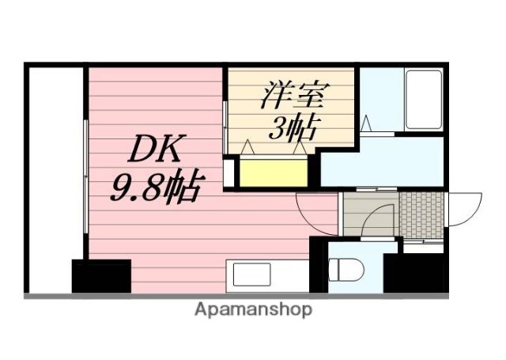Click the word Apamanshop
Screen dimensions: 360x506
click(x=253, y=309)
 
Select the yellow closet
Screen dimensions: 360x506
click(x=273, y=172)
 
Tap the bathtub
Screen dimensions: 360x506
click(x=423, y=100)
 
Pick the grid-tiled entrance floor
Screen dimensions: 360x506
click(x=421, y=214)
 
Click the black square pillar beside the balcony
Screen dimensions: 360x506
click(x=101, y=275)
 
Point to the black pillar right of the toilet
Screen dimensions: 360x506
click(x=412, y=273)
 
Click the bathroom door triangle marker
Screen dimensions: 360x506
click(x=366, y=124)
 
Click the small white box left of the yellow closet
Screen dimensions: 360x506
click(x=229, y=172)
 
